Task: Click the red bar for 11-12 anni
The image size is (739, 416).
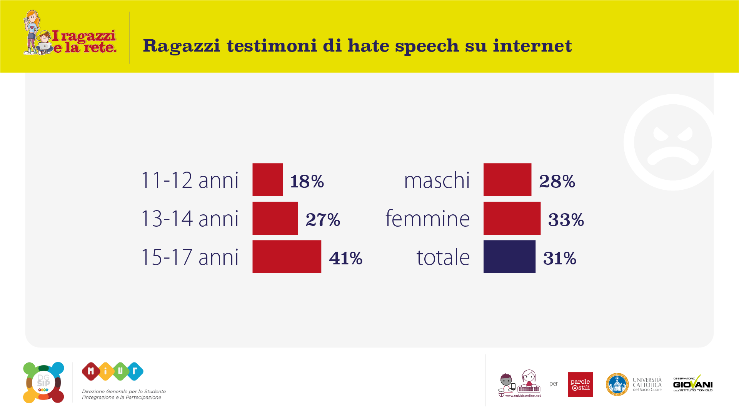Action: pyautogui.click(x=267, y=180)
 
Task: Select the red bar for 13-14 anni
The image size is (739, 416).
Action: pyautogui.click(x=275, y=218)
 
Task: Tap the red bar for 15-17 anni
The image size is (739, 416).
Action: pyautogui.click(x=287, y=257)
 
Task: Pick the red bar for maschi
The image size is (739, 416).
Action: pyautogui.click(x=507, y=180)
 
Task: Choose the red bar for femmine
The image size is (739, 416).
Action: pyautogui.click(x=512, y=218)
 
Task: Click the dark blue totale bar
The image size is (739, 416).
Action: pyautogui.click(x=509, y=257)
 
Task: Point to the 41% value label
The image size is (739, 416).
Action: pyautogui.click(x=345, y=258)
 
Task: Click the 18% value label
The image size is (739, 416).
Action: pyautogui.click(x=307, y=181)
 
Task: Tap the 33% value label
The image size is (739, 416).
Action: pyautogui.click(x=566, y=220)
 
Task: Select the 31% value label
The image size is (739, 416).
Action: pyautogui.click(x=559, y=258)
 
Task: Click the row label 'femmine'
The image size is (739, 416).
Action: pyautogui.click(x=427, y=219)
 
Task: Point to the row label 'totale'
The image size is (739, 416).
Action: pyautogui.click(x=443, y=257)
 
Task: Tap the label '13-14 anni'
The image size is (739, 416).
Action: pyautogui.click(x=190, y=219)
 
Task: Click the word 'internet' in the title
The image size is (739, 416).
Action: pyautogui.click(x=532, y=46)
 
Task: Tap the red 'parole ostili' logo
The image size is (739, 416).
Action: pyautogui.click(x=580, y=384)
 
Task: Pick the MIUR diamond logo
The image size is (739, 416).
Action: pyautogui.click(x=112, y=371)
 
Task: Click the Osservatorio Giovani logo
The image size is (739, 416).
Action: pyautogui.click(x=692, y=384)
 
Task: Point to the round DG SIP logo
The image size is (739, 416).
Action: pyautogui.click(x=43, y=383)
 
